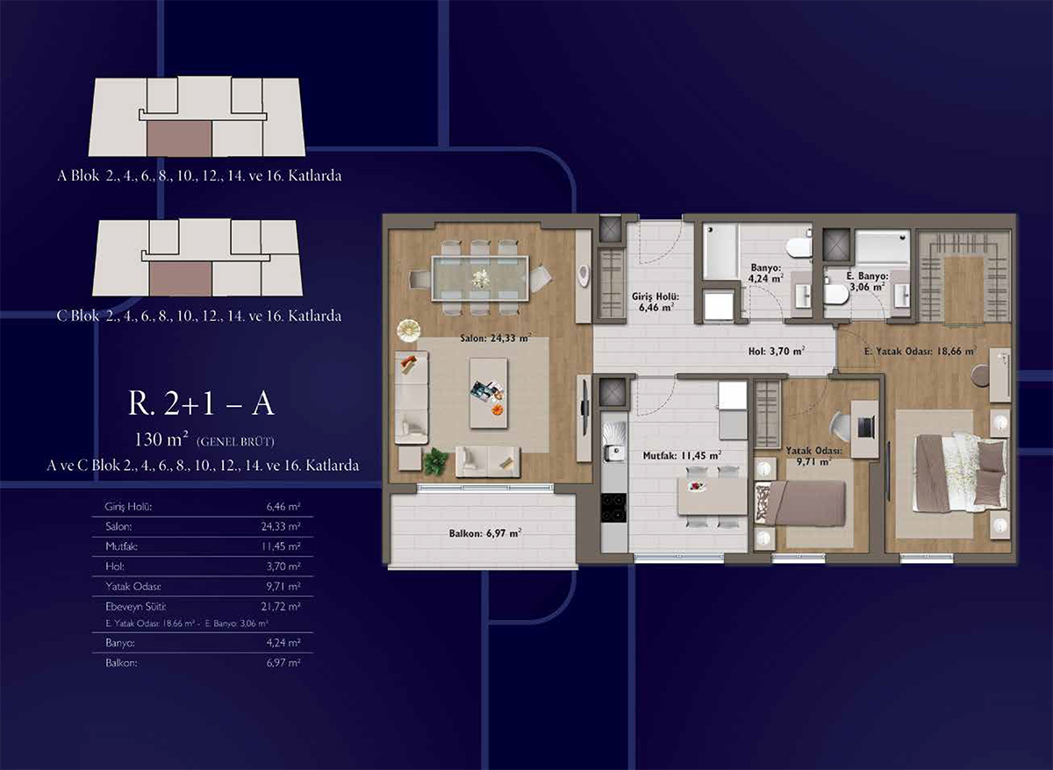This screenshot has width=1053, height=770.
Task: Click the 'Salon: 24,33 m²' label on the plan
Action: [x=496, y=338]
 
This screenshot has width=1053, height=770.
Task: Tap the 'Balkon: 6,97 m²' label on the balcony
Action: [x=485, y=533]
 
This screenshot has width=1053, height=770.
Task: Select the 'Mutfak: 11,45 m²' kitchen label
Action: [x=682, y=455]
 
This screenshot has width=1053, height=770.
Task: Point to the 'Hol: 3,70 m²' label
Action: [x=777, y=351]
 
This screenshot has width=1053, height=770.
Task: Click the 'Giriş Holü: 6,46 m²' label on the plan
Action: [x=655, y=302]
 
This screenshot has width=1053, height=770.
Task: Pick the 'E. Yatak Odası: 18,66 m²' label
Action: [x=920, y=351]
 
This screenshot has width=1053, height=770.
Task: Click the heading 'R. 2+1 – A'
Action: [x=201, y=403]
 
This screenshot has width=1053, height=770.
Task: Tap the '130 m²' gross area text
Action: [x=161, y=439]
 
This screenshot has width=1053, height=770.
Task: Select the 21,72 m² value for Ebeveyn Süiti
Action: [x=281, y=607]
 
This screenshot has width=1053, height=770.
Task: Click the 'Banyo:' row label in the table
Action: [x=120, y=643]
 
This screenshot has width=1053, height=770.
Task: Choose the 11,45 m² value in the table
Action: [x=281, y=546]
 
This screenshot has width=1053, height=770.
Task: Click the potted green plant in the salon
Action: [x=437, y=462]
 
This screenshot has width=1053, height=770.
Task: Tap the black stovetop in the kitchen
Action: [x=614, y=508]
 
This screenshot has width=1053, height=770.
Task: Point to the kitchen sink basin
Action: [x=614, y=453]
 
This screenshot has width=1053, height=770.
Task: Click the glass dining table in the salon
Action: [x=480, y=279]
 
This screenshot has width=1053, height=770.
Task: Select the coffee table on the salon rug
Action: [x=489, y=393]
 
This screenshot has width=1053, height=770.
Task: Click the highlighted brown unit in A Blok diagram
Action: [x=179, y=138]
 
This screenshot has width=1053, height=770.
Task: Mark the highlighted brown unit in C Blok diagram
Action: [x=181, y=279]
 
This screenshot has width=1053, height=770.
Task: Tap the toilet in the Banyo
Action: [x=799, y=247]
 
